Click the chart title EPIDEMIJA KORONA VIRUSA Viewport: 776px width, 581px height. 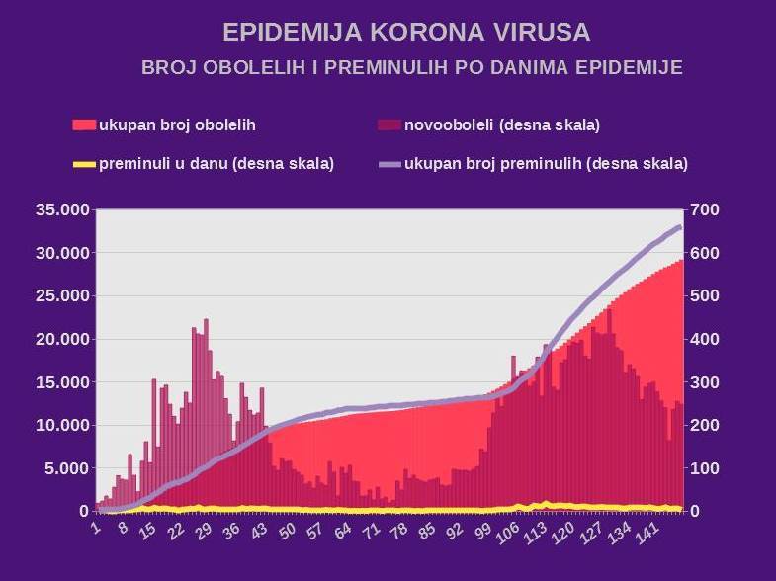406,33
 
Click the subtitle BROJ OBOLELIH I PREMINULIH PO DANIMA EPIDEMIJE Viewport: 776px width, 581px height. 412,68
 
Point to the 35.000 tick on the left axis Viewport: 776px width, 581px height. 62,209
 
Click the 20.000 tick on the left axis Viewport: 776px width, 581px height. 62,339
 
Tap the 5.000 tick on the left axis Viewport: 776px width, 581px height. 66,468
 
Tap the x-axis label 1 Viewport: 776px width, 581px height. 96,528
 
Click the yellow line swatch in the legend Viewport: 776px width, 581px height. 85,163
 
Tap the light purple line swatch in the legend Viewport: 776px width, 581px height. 389,163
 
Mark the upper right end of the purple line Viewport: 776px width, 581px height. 680,227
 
